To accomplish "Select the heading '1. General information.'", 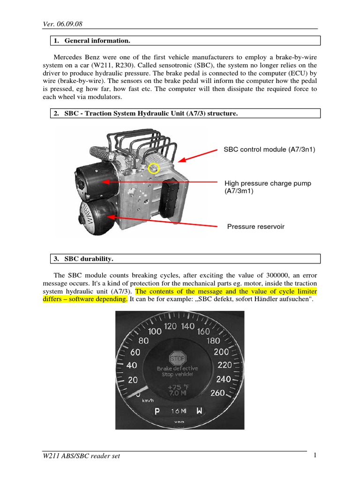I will tap(97, 41).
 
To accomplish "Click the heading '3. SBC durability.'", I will tap(89, 259).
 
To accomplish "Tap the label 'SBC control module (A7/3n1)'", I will tap(270, 150).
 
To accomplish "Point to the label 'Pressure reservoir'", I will tap(255, 227).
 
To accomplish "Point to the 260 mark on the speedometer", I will tap(218, 393).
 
